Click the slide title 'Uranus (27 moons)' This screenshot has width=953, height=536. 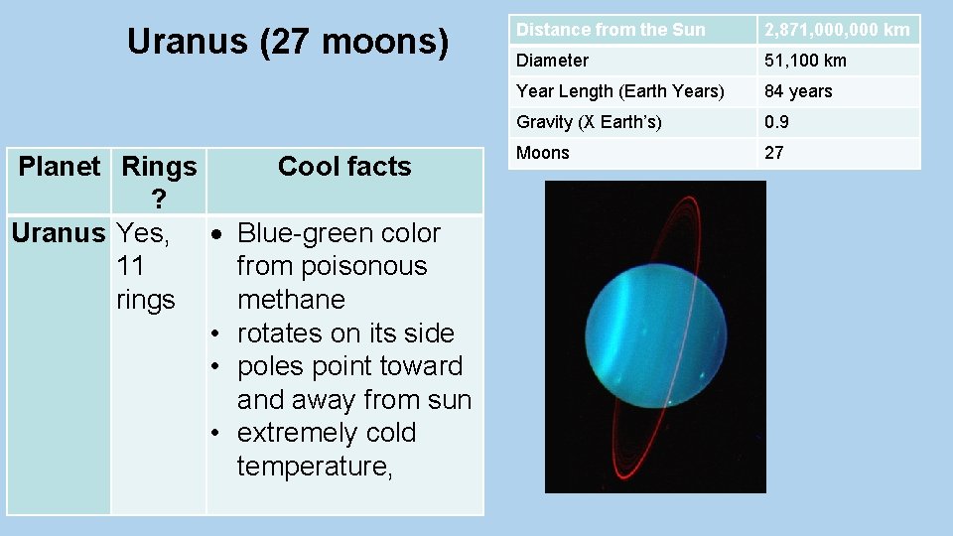[x=288, y=42]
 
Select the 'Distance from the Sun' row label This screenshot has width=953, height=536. [x=611, y=30]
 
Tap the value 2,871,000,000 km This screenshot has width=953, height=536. [x=837, y=30]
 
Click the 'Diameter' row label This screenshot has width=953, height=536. [x=552, y=61]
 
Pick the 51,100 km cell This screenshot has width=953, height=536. [x=805, y=61]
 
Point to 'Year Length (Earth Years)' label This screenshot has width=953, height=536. [x=620, y=91]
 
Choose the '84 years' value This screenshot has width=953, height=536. [x=798, y=91]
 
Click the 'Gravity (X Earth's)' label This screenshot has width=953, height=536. [x=589, y=122]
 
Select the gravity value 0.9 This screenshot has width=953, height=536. [x=776, y=122]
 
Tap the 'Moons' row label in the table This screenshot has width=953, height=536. [x=543, y=153]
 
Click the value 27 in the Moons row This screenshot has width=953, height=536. [x=774, y=153]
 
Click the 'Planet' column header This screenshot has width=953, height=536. [x=60, y=167]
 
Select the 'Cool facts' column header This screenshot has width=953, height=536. [x=344, y=167]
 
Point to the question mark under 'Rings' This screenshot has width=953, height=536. [x=159, y=201]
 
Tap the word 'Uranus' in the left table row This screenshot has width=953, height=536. [x=58, y=233]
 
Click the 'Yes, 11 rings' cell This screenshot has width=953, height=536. [x=146, y=266]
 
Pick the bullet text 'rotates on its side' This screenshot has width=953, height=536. [x=345, y=334]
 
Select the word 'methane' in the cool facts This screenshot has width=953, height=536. [x=291, y=300]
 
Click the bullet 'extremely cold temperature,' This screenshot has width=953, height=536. [x=326, y=450]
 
